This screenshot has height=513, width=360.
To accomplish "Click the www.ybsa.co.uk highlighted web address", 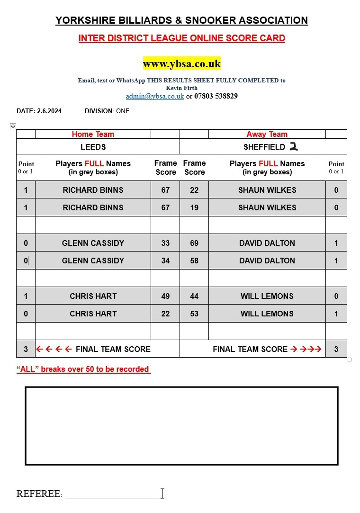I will (x=182, y=63).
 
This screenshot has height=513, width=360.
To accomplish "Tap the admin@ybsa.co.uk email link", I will (x=155, y=96).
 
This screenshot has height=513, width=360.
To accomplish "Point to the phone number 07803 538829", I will (x=216, y=96).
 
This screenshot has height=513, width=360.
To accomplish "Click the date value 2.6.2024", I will (x=49, y=111).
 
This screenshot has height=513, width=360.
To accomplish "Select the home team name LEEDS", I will (x=93, y=147).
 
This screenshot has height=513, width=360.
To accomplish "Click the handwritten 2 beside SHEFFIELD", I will (x=294, y=147).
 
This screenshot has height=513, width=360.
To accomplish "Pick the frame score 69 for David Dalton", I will (x=194, y=243).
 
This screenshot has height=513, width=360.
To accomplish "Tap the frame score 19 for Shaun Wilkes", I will (x=194, y=207).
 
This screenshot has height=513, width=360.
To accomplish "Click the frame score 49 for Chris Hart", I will (x=165, y=296).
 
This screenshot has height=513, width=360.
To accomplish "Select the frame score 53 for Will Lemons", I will (x=194, y=314).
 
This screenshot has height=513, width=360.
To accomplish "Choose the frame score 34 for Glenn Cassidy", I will (x=165, y=261).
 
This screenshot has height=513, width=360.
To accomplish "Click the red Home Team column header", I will (x=93, y=135).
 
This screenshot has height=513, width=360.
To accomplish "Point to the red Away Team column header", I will (x=267, y=135).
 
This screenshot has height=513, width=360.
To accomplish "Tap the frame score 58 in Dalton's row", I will (x=194, y=261).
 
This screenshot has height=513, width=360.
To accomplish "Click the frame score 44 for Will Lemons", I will (x=194, y=296).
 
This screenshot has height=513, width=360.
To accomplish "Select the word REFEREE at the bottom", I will (x=38, y=494).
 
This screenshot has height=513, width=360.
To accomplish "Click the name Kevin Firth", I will (x=182, y=88).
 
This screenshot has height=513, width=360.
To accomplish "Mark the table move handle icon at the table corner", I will (x=13, y=126).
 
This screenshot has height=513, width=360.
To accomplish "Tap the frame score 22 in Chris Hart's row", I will (x=165, y=314).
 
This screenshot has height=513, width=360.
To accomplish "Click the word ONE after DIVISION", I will (x=123, y=111).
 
